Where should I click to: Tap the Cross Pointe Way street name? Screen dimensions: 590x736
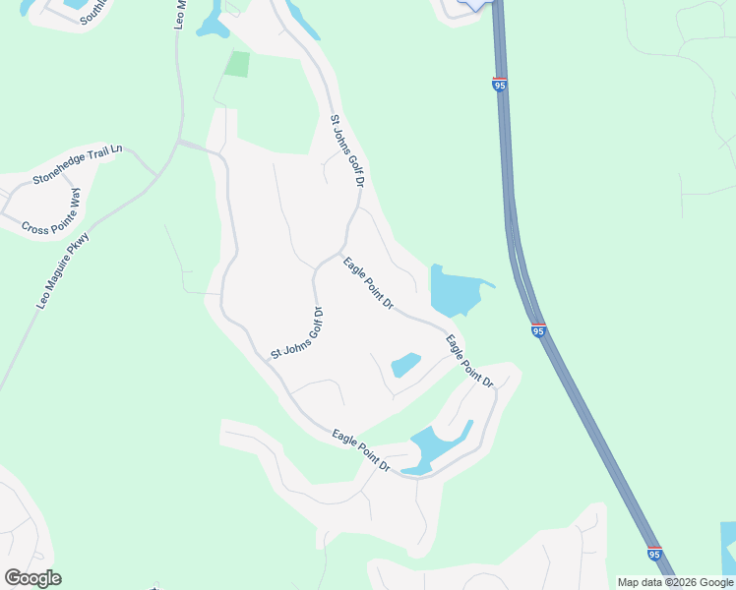coord(63,213)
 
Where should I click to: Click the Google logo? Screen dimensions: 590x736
coord(32,577)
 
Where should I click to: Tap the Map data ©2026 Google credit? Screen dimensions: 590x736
coord(676,582)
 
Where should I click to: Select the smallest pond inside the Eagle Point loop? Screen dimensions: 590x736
coord(405,365)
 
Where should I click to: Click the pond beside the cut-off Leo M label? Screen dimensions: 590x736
coord(211,22)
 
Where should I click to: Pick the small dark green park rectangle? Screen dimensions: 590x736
coord(237,64)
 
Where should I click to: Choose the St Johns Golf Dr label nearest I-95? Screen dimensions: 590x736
coord(347,149)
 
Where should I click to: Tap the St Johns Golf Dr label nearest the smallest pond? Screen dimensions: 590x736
coord(297,333)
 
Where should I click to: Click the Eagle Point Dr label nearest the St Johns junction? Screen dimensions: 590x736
coord(368,283)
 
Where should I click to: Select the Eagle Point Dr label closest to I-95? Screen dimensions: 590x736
coord(468,361)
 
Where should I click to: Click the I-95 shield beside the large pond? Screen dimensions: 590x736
coord(538,331)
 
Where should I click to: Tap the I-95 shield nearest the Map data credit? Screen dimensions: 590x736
coord(654,554)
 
